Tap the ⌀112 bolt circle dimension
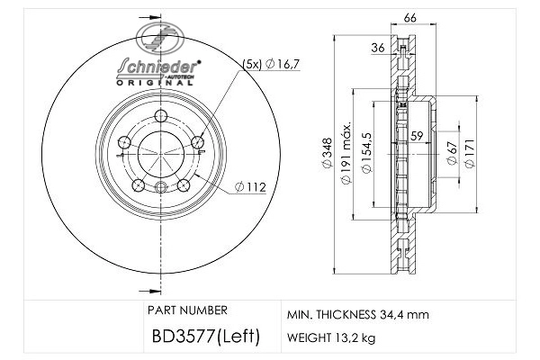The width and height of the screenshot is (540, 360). point(247,187)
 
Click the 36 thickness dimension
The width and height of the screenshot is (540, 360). point(378,48)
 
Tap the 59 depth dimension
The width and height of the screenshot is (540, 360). point(417,137)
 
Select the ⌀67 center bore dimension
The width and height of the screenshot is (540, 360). point(450,152)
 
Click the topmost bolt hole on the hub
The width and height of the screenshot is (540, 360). point(160,115)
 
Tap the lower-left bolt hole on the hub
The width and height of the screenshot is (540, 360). point(138,184)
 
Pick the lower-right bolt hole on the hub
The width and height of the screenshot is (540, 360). point(183,184)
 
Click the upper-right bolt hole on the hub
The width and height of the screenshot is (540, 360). point(197,141)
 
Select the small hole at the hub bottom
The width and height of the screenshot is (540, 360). point(160,187)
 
